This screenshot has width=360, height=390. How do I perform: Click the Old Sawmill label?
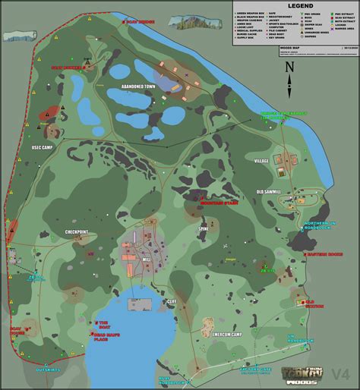[269, 192]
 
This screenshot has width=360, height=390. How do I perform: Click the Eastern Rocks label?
[325, 255]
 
